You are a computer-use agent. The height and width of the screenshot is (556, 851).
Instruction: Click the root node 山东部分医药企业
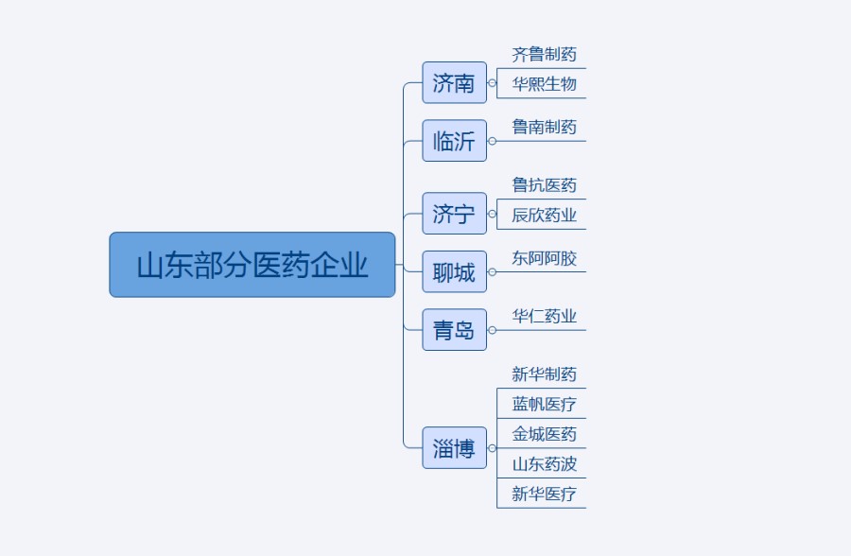click(252, 265)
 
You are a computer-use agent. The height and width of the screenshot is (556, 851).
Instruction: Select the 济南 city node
click(454, 83)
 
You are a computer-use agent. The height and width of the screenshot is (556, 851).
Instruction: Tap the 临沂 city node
click(454, 141)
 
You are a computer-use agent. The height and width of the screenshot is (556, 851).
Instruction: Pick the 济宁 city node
click(454, 214)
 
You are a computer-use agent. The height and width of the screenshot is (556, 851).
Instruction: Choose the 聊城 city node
click(454, 272)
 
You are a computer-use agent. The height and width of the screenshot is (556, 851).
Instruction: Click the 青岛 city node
click(454, 330)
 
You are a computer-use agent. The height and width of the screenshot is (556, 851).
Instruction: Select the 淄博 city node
click(454, 448)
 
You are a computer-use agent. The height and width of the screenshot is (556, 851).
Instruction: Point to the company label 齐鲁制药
click(544, 55)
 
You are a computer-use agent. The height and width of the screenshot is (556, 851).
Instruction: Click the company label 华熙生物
click(544, 84)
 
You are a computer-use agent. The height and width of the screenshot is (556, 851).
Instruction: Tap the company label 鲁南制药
click(544, 127)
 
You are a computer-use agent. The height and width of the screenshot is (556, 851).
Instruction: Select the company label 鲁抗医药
click(544, 185)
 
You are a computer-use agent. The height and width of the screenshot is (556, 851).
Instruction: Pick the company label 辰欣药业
click(544, 215)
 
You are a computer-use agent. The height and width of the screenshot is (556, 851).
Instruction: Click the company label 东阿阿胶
click(544, 258)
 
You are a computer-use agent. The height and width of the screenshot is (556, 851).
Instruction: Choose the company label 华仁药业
click(544, 316)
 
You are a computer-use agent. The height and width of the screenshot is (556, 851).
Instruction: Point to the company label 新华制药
click(544, 374)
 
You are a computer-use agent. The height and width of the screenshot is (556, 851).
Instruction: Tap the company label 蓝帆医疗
click(544, 405)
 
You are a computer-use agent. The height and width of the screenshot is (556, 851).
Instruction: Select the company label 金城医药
click(544, 434)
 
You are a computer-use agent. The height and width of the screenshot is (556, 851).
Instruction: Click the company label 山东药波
click(544, 463)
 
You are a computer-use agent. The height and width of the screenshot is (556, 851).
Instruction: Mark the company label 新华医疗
click(544, 494)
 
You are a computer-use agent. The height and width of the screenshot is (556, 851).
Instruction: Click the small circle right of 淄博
click(492, 448)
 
